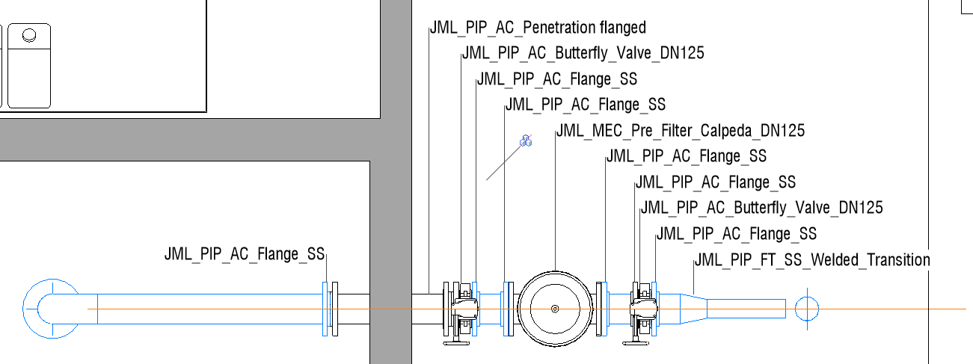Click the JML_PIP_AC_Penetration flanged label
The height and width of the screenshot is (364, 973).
click(x=537, y=28)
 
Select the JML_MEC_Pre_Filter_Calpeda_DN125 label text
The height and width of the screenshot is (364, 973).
click(x=680, y=131)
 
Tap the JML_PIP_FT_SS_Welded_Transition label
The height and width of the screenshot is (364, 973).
click(x=812, y=260)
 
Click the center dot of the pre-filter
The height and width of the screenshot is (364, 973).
click(x=554, y=309)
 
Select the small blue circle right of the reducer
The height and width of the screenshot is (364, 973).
click(x=807, y=308)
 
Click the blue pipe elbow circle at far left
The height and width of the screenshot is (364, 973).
click(x=51, y=308)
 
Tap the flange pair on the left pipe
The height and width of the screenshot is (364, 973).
click(x=330, y=309)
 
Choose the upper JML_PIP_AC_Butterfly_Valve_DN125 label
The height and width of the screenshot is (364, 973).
click(x=583, y=53)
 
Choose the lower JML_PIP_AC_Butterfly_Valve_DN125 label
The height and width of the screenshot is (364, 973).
click(x=761, y=207)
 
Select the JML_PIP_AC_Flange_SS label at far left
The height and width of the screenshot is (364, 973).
click(x=245, y=253)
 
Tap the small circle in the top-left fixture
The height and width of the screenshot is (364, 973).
click(x=29, y=35)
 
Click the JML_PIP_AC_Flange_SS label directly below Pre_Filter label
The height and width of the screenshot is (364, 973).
click(x=686, y=156)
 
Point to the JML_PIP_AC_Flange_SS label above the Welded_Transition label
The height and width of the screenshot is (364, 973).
click(x=736, y=234)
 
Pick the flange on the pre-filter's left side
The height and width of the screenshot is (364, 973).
click(x=509, y=309)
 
